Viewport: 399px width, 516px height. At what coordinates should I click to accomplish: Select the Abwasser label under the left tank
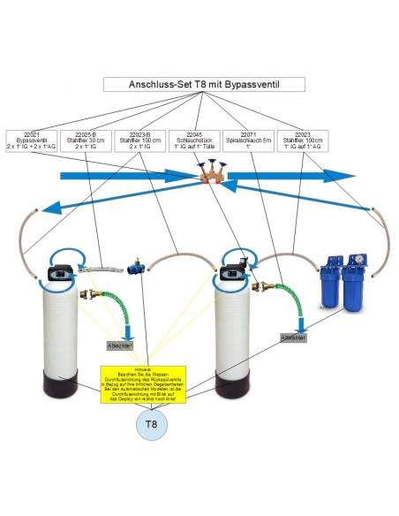118,345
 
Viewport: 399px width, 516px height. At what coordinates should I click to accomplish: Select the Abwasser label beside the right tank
293,337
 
